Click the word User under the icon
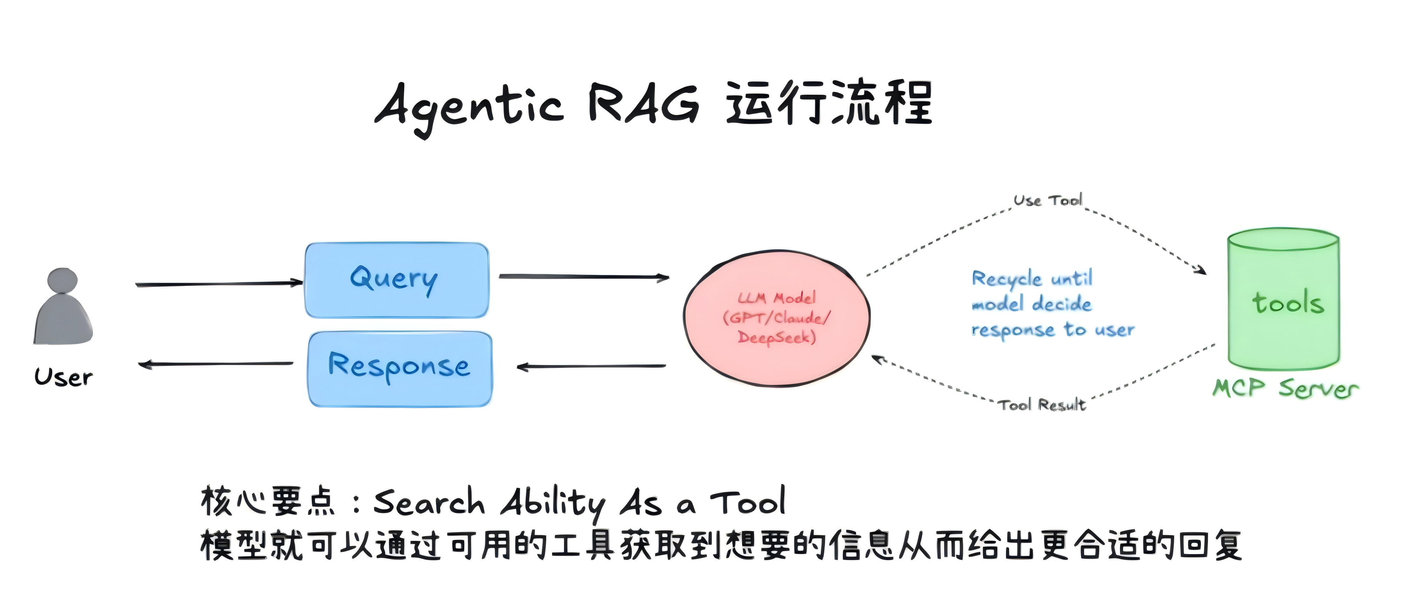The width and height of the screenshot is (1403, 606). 63,377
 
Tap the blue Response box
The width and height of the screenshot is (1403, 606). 400,369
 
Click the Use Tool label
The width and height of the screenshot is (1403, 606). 1047,200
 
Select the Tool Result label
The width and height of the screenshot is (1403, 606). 1042,405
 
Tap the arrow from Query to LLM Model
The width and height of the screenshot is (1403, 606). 583,277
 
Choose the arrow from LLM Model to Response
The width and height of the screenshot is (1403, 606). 591,366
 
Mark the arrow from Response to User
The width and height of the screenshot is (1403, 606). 216,364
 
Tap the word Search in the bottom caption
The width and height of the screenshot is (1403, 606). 429,501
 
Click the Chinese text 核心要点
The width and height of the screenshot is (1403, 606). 267,501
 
